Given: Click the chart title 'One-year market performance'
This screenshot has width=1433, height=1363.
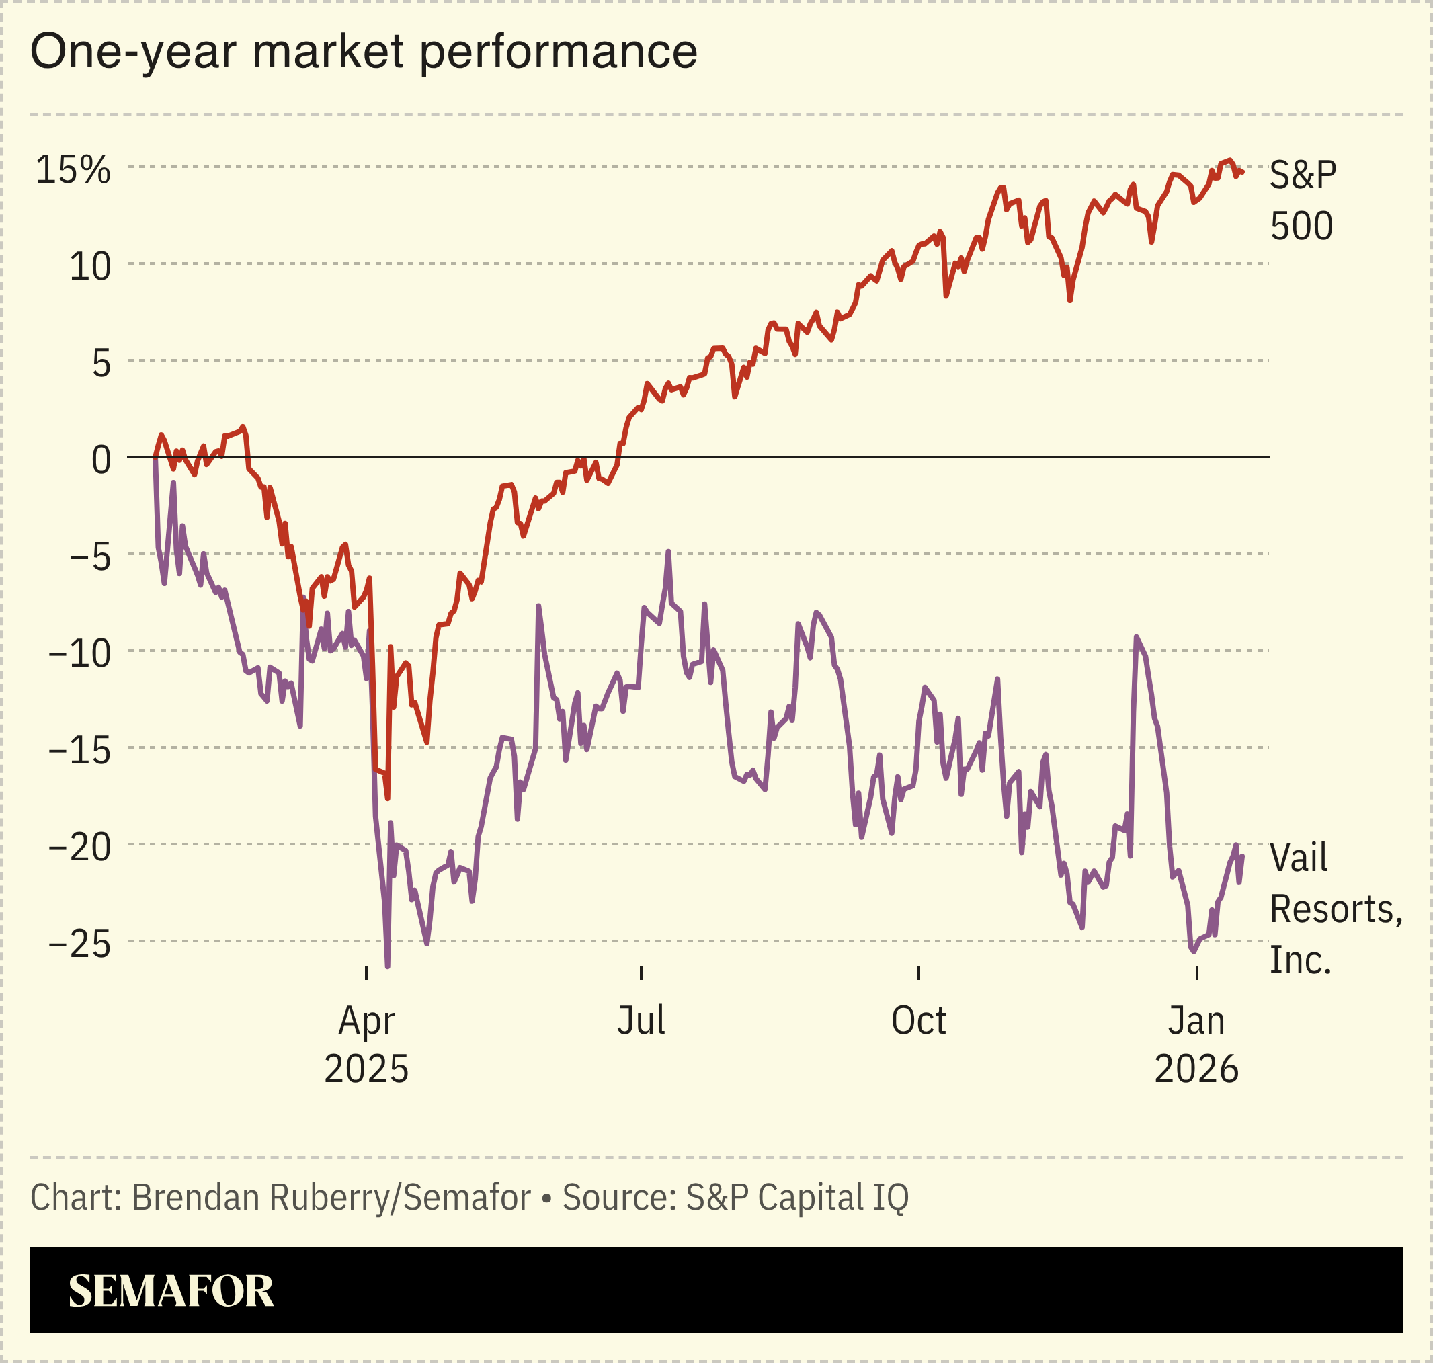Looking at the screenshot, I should pos(364,52).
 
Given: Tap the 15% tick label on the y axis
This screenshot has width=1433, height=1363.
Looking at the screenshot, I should pos(73,170).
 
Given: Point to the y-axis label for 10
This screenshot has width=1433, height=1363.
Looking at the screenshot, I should pos(90,267).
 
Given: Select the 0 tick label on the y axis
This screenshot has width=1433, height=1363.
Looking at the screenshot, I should pos(101,460).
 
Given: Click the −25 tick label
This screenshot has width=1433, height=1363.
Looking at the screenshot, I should pos(80,944).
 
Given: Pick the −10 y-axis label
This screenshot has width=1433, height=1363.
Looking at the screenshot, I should pos(80,654).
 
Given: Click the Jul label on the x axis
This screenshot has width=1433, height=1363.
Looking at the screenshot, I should pos(641,1021).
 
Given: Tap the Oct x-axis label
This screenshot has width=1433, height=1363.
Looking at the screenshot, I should pos(919,1021).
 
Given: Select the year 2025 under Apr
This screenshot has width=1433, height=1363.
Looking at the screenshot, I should pos(366,1069).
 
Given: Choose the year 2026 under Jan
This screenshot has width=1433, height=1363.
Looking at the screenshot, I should pos(1196,1069).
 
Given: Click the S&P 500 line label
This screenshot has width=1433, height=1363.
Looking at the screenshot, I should pos(1302,200).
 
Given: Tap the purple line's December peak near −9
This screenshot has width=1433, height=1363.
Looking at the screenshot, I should pos(1136,637).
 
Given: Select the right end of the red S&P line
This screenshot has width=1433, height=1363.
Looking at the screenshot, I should pos(1243,172).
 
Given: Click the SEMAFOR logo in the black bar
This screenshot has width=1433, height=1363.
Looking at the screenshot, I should pos(171,1291).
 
